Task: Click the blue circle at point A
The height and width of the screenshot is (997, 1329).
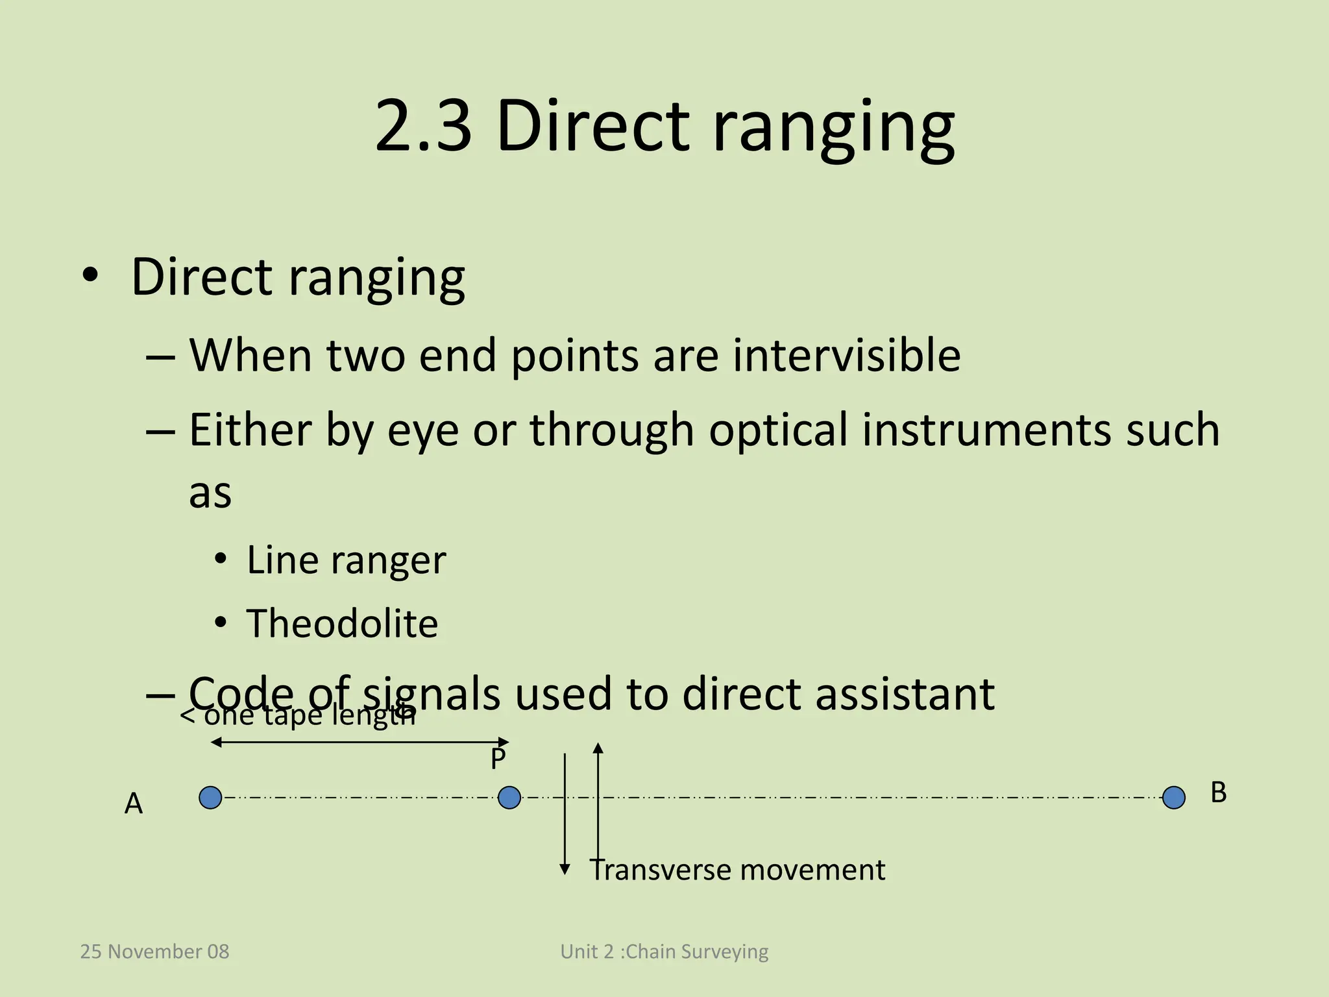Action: click(210, 797)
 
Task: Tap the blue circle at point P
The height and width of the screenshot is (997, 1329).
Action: click(509, 797)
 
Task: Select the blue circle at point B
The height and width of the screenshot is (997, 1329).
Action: click(1173, 797)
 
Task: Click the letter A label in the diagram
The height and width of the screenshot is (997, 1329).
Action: click(133, 804)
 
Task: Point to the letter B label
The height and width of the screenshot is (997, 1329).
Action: click(1218, 793)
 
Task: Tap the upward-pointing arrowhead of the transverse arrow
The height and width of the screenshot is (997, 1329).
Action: click(598, 748)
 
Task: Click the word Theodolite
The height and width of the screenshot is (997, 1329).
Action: click(342, 623)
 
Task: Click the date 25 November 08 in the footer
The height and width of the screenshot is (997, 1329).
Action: click(154, 952)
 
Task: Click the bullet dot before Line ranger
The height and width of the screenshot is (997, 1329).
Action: click(221, 559)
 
